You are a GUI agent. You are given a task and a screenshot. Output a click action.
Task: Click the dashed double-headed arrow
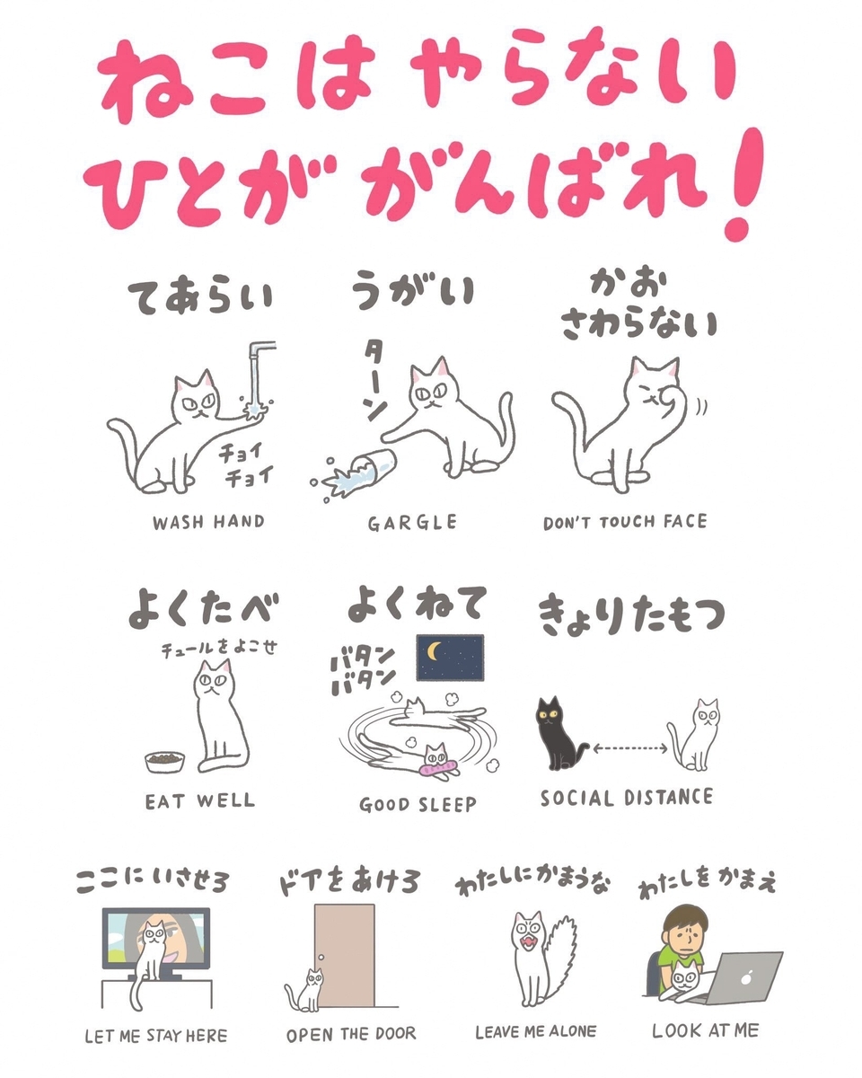pos(629,749)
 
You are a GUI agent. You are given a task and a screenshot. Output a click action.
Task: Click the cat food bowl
pos(165,763)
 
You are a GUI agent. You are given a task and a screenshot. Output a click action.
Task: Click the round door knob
pos(321,958)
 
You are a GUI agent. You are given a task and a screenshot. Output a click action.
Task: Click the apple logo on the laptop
pos(746,976)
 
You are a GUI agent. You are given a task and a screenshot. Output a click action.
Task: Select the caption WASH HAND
pos(208,523)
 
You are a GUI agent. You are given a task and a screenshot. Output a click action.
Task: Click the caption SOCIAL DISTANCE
pos(626,798)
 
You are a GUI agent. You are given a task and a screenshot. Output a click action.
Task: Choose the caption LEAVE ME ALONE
pos(535,1032)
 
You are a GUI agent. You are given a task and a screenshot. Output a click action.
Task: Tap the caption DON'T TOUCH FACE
pos(625,522)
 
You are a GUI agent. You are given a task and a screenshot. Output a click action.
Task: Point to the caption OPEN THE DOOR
pos(351,1034)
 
